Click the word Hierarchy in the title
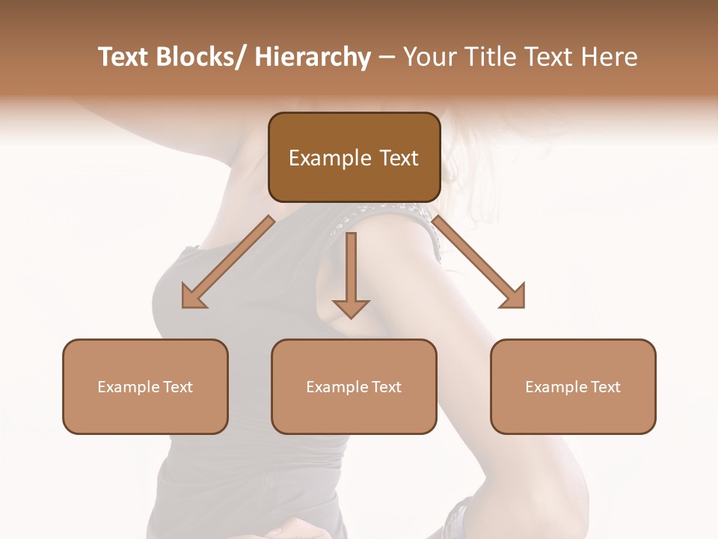point(313,57)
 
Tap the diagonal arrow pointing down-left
point(228,262)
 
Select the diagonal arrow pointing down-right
point(479,262)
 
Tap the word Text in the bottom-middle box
point(386,387)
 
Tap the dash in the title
point(387,58)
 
